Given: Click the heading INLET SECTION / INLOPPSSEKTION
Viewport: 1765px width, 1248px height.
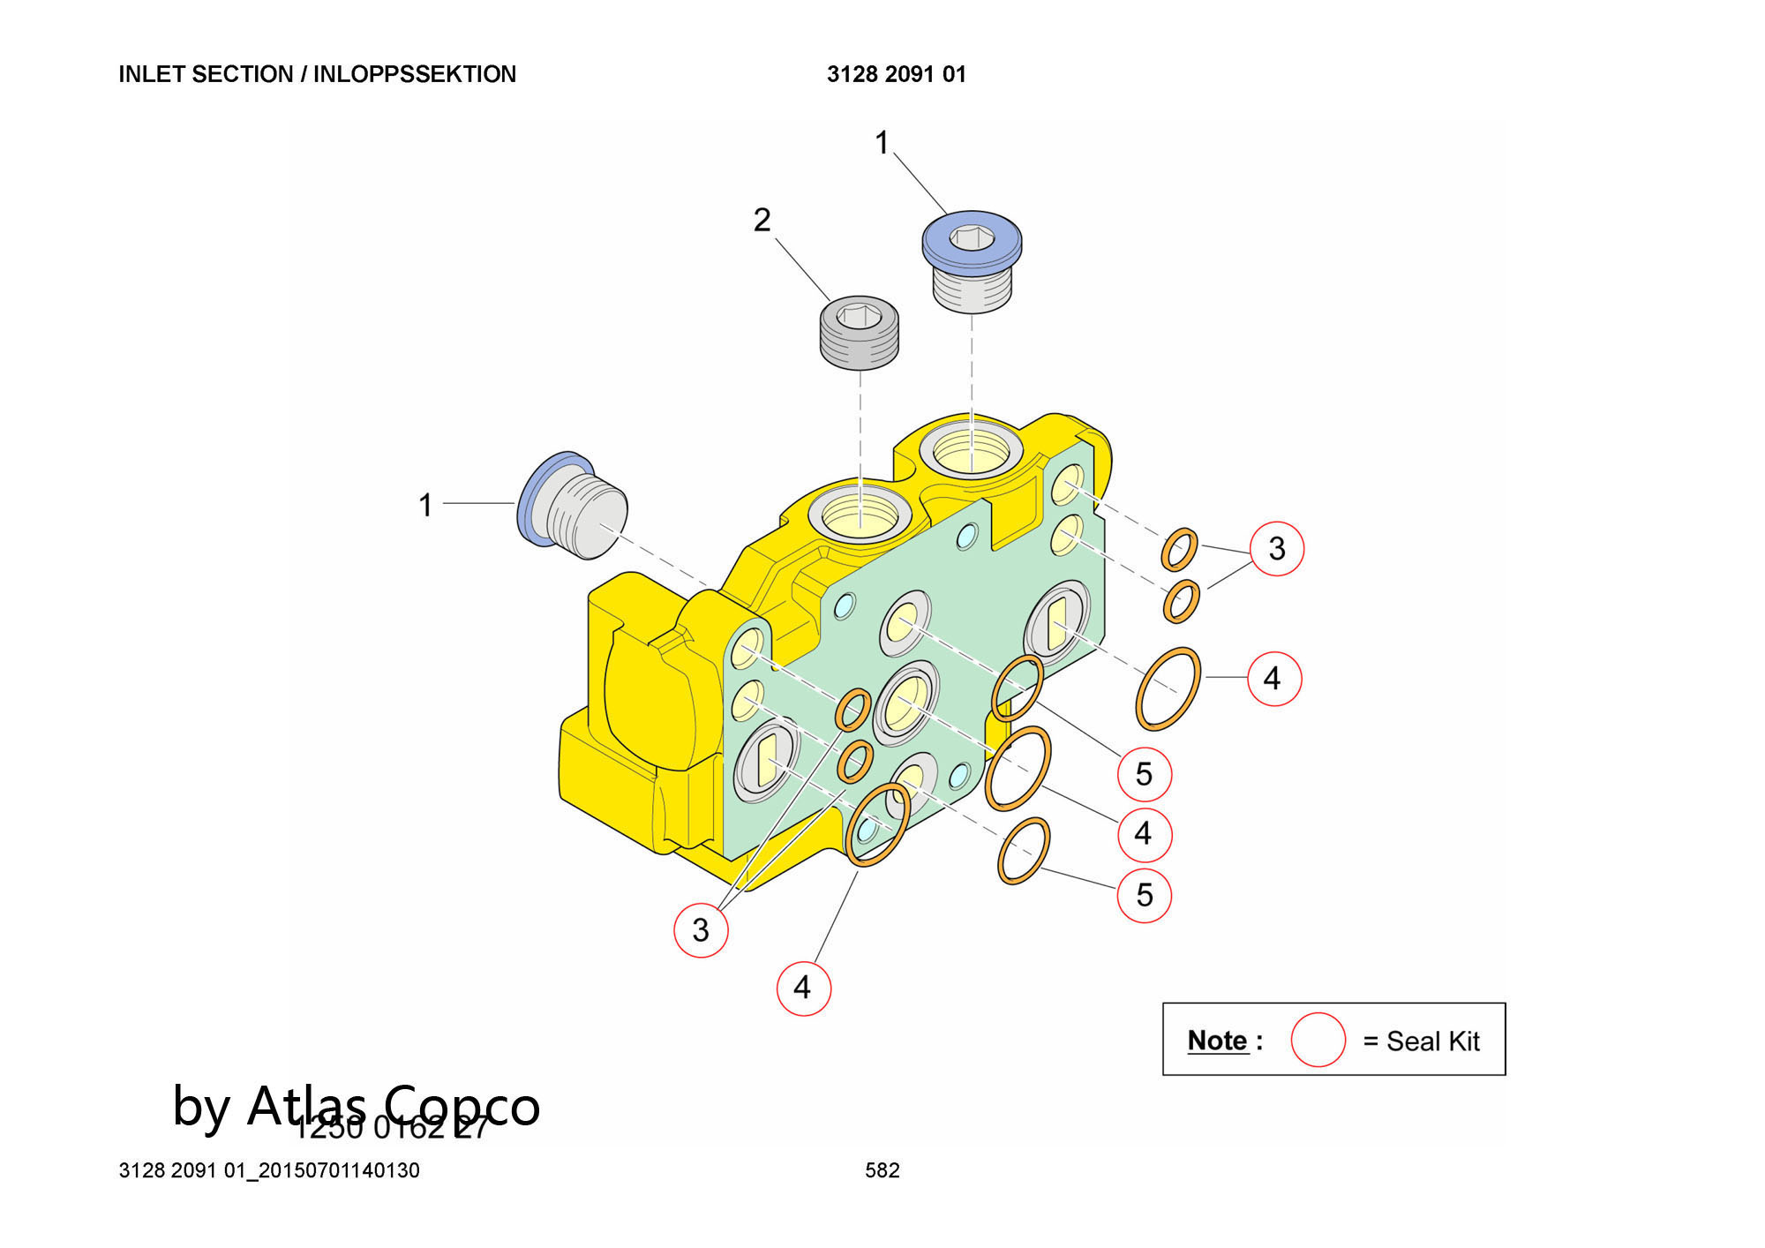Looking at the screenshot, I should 317,74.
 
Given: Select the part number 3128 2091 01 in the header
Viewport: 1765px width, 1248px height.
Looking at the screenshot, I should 896,74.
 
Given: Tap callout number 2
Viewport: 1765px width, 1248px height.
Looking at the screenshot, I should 762,220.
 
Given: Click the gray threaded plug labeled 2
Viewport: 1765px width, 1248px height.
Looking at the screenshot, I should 859,334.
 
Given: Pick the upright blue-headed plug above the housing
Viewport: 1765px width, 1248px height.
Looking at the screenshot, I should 972,260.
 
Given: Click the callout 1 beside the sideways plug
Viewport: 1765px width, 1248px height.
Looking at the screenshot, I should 425,506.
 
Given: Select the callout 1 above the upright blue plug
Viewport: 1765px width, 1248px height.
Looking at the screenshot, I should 882,143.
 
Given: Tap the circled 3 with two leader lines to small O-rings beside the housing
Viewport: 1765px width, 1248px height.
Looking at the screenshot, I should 1276,549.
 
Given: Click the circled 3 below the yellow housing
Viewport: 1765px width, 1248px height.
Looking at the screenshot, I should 701,929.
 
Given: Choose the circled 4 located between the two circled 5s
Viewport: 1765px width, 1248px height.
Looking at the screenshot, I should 1144,833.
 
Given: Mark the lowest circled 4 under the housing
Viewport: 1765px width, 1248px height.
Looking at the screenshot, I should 802,988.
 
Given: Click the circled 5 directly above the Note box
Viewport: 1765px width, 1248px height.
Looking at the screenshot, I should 1144,895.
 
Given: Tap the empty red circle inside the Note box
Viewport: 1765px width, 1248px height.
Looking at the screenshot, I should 1318,1040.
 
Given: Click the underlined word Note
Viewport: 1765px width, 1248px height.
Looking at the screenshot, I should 1218,1041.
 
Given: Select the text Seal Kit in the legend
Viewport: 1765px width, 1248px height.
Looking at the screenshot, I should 1432,1041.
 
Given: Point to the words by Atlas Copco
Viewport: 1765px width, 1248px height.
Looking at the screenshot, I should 356,1105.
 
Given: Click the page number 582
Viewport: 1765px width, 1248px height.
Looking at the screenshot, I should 882,1170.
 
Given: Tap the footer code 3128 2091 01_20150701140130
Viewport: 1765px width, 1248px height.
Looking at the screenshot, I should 269,1170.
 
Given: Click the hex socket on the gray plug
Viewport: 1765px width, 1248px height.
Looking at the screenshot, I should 860,314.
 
